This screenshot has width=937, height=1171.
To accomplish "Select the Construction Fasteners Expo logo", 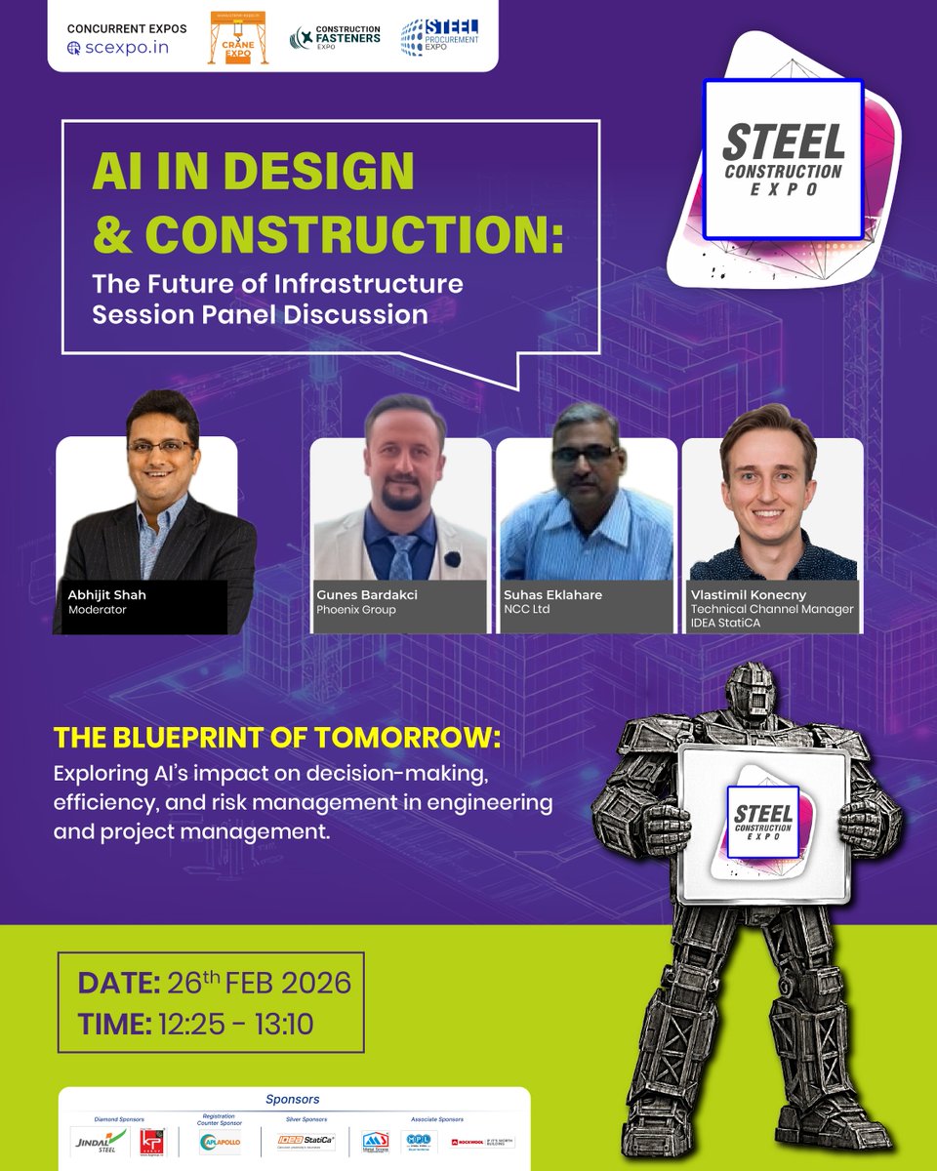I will click(335, 38).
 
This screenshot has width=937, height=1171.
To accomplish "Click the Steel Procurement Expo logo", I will click(440, 37).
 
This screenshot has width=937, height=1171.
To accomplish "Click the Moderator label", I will click(98, 610).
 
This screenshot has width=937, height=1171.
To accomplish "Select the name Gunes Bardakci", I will click(367, 594).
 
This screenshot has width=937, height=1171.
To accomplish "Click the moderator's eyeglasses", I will click(161, 446).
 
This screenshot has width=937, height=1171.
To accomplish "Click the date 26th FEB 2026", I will click(258, 983).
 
